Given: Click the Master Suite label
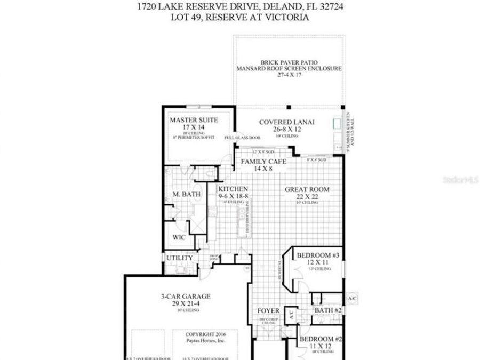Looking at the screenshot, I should (x=194, y=121).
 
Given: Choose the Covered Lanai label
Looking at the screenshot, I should (x=287, y=122).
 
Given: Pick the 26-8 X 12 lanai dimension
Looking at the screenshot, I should (x=287, y=130).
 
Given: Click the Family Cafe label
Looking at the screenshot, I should (x=264, y=161).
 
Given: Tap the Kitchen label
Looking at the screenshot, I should (x=233, y=189).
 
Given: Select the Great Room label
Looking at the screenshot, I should (x=307, y=189).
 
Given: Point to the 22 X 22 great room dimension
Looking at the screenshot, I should (x=307, y=197).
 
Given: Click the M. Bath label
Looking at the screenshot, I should (x=187, y=195).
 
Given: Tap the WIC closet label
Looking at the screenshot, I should (x=179, y=238).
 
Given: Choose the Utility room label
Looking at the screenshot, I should (x=179, y=258).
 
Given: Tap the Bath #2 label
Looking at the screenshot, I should (x=327, y=310).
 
